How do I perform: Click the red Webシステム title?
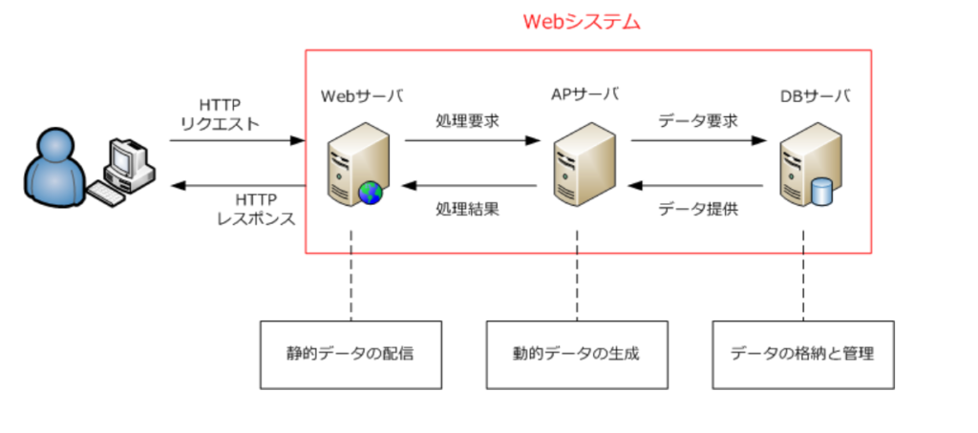click(x=582, y=21)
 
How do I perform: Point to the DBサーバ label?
click(x=814, y=95)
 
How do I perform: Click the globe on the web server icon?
click(x=370, y=194)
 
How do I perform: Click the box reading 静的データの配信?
click(x=351, y=354)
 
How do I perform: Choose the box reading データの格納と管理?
click(x=802, y=354)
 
